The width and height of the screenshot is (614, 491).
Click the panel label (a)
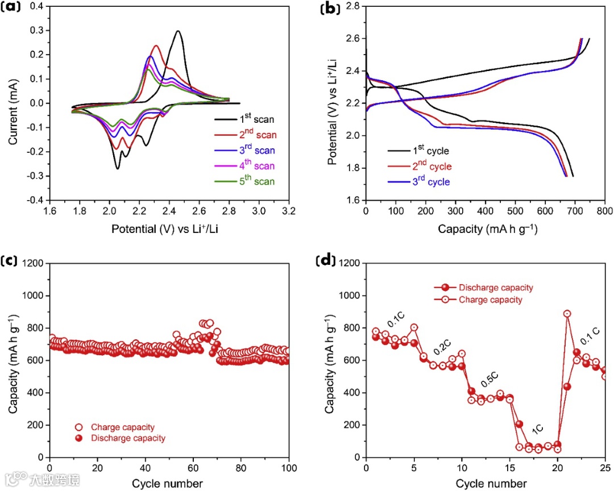13,8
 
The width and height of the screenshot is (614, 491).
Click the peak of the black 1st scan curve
179,31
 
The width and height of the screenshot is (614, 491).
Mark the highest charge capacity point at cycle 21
567,314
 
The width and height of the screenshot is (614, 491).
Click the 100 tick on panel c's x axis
289,469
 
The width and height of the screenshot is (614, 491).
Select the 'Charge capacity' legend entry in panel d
489,299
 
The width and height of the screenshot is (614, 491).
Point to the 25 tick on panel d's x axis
605,469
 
